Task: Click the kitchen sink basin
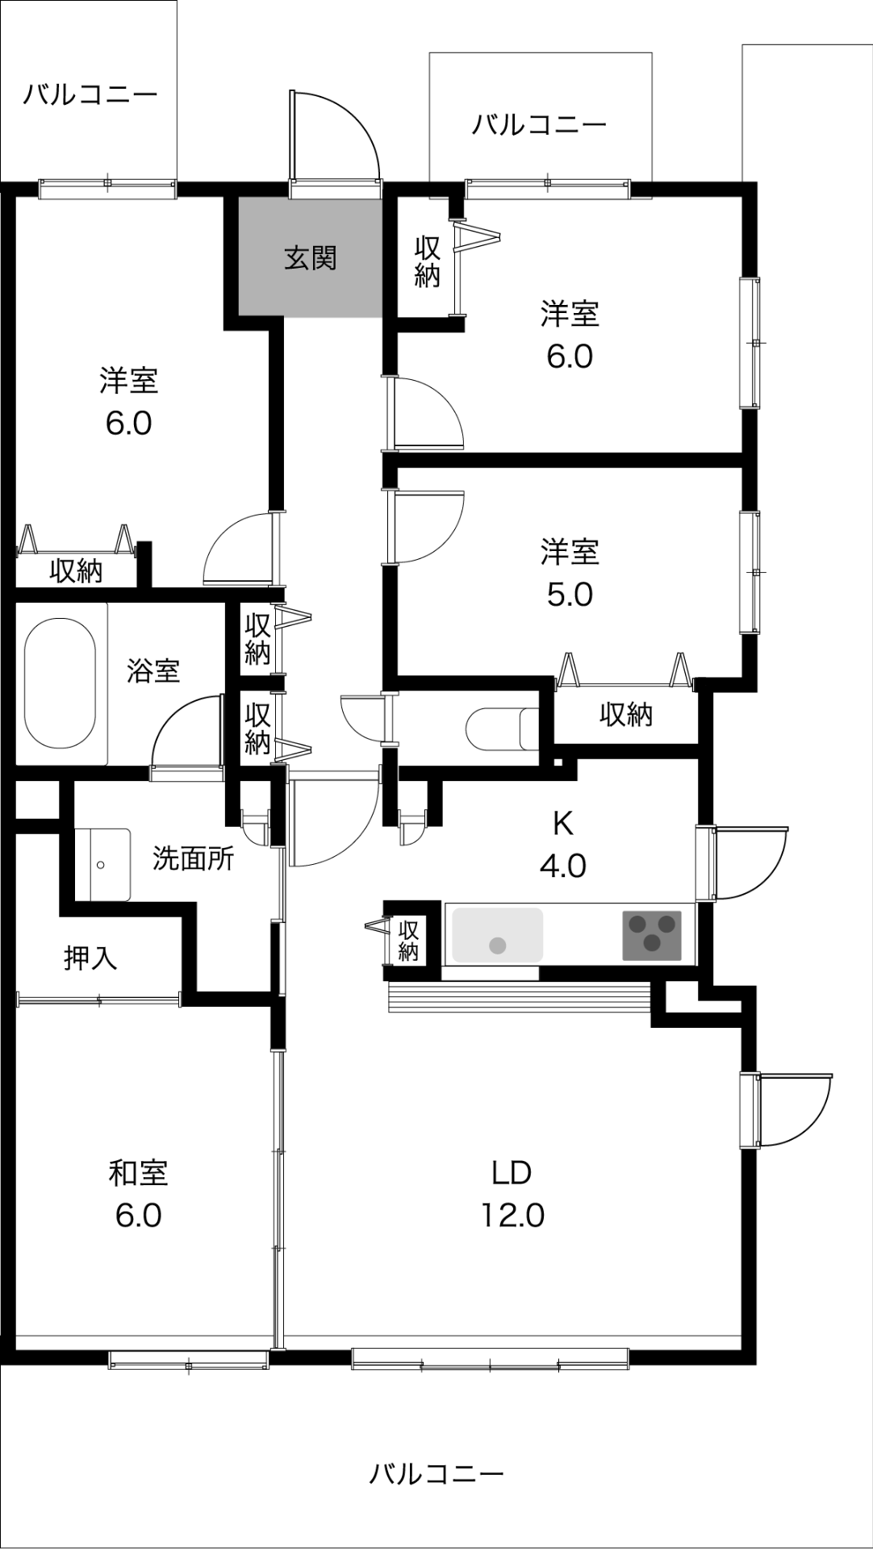coord(497,934)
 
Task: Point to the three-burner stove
coord(652,935)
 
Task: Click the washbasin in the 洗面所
coord(102,864)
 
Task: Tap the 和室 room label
coord(138,1173)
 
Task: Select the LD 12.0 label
coord(512,1193)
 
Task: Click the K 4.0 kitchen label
coord(562,845)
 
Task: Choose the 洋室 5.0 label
coord(570,574)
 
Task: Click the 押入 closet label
coord(90,958)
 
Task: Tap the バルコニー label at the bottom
coord(436,1474)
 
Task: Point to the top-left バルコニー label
coord(90,95)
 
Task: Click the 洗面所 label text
coord(193,858)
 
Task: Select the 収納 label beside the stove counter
coord(408,941)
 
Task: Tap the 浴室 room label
coord(152,670)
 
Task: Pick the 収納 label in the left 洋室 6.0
coord(76,571)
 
